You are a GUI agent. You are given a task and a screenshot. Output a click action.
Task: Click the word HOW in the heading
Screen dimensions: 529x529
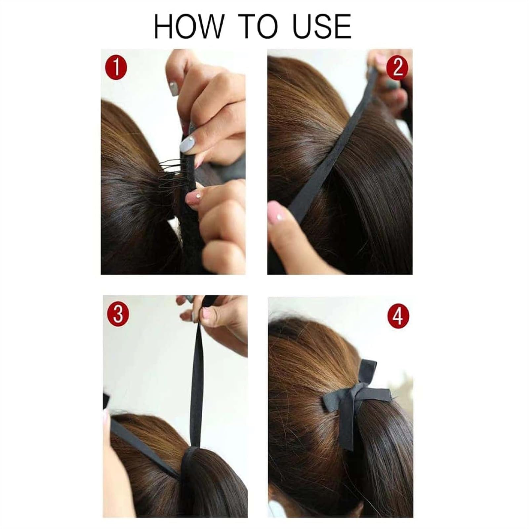point(189,26)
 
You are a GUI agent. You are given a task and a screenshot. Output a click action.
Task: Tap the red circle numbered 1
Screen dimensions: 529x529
point(116,68)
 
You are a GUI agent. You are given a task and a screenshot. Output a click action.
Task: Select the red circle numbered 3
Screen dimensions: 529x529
point(118,315)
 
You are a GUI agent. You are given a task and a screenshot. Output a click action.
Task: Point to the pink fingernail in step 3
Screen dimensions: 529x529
point(207,312)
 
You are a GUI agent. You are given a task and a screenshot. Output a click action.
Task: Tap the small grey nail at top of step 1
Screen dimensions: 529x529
point(173,88)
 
